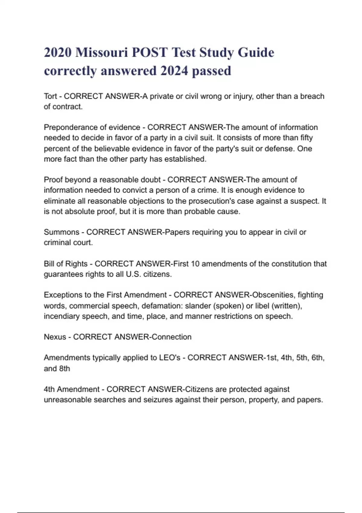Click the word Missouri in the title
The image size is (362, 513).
coord(101,53)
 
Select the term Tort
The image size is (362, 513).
coord(50,96)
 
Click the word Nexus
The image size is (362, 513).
coord(55,337)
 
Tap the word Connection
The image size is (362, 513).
coord(171,337)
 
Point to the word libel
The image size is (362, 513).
coord(262,306)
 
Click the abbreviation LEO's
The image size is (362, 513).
coord(170,358)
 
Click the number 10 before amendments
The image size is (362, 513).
coord(195,264)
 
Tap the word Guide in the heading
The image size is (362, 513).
coord(256,53)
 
